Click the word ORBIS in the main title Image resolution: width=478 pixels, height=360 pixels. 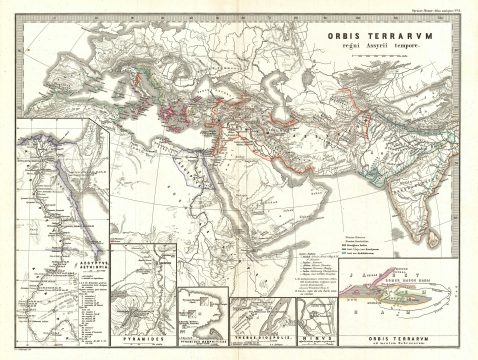click(347, 32)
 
